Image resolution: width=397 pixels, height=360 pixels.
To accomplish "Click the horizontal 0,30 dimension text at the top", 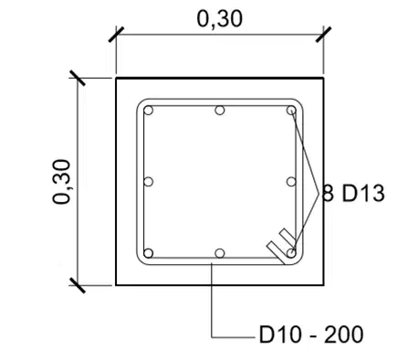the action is (x=220, y=19).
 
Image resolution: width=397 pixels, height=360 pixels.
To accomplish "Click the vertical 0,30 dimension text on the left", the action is (x=61, y=182).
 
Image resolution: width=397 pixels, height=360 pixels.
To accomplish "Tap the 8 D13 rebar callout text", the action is (x=353, y=194).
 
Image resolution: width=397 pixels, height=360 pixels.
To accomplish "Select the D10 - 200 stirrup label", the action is (x=311, y=334).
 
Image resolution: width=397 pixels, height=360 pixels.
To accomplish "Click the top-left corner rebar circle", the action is (x=148, y=111).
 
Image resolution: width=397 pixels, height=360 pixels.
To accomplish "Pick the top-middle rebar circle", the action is (x=220, y=111).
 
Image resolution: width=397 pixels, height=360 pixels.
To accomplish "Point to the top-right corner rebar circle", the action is (x=291, y=111).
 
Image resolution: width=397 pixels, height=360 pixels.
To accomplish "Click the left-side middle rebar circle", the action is (x=148, y=182).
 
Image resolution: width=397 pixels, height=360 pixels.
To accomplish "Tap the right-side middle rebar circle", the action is (x=291, y=182).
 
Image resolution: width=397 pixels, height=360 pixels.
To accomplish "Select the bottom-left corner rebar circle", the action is (x=148, y=253).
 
